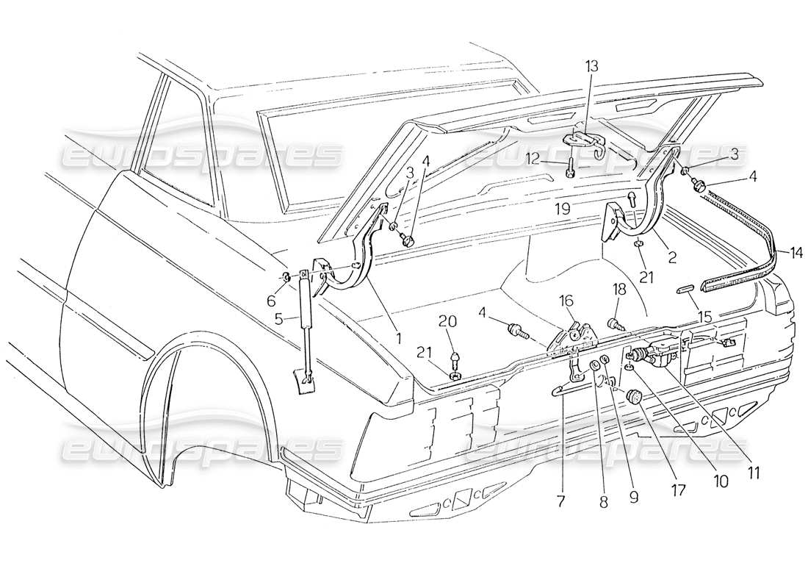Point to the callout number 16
tap(567, 301)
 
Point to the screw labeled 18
tap(612, 323)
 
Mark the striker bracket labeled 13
tap(585, 143)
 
